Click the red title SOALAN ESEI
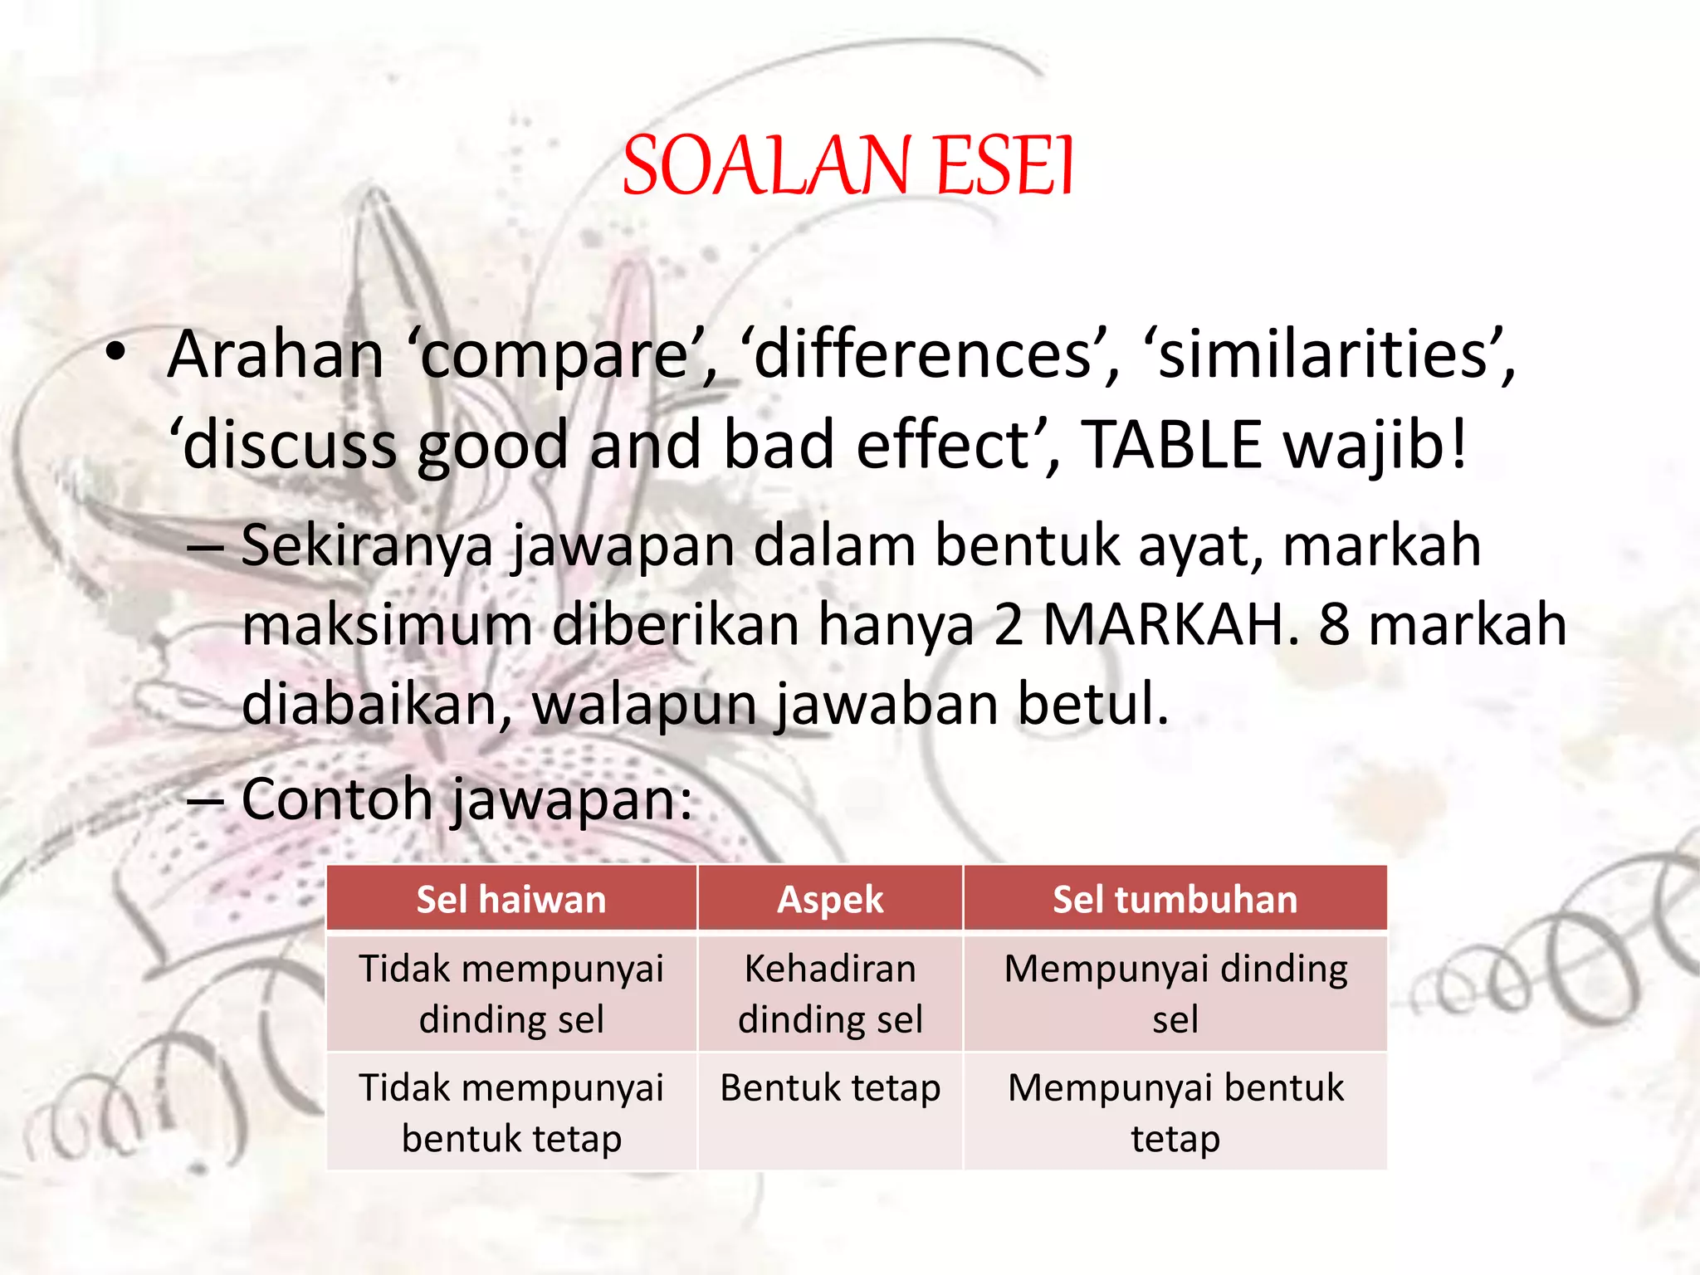848,166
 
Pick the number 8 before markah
1334,625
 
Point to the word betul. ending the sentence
1092,704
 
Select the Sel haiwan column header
511,900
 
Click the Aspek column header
830,900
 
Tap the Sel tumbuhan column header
1175,900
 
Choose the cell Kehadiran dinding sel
830,994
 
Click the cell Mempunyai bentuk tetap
1175,1112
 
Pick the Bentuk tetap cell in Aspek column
830,1087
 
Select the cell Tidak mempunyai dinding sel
511,994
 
